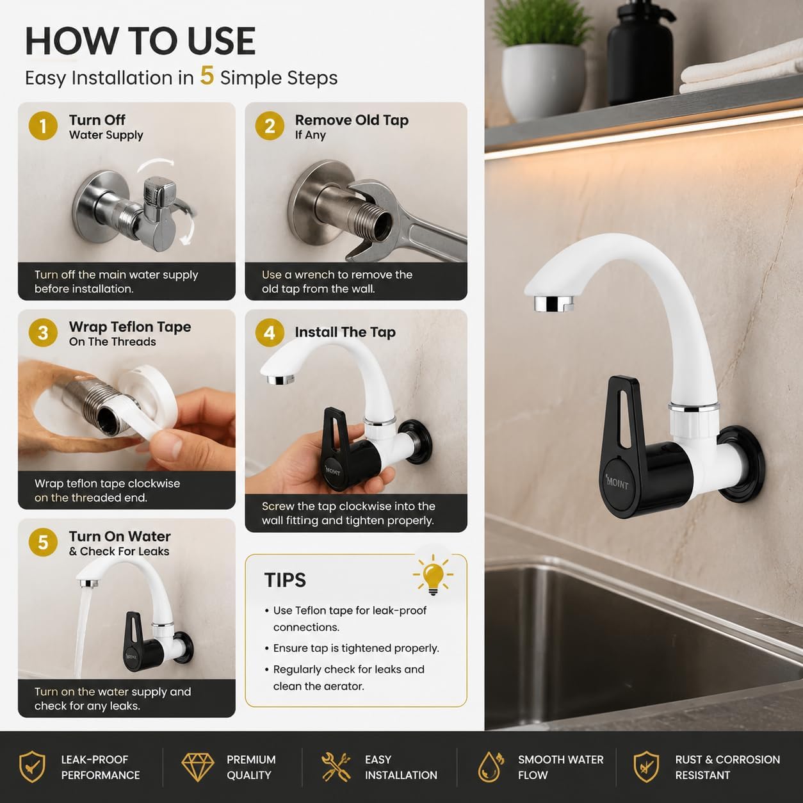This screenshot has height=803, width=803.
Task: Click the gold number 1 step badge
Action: click(x=43, y=126)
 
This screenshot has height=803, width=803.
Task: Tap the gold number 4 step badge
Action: click(x=270, y=332)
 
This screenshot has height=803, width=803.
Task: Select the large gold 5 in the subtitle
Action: click(x=207, y=76)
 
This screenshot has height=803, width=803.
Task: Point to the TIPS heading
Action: click(x=285, y=580)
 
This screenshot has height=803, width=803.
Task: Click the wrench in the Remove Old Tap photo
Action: click(x=406, y=221)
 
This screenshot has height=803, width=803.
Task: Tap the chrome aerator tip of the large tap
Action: click(x=554, y=304)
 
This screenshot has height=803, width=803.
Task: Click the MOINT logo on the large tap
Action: click(x=617, y=483)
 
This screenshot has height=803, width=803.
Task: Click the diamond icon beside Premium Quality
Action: click(x=198, y=767)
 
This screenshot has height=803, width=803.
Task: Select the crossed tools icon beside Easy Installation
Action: click(x=336, y=766)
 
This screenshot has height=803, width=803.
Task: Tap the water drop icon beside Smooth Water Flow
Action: click(x=491, y=766)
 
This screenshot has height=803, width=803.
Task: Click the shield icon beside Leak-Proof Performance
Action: click(x=32, y=766)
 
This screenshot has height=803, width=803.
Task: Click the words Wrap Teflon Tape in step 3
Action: click(x=130, y=327)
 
